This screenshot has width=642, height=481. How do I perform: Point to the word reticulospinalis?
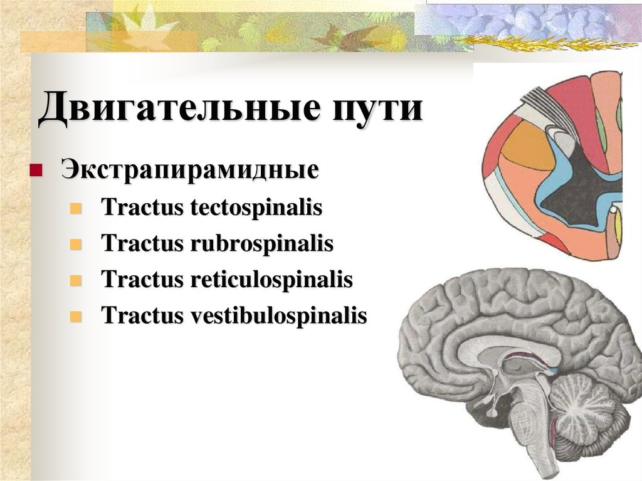[x=270, y=280]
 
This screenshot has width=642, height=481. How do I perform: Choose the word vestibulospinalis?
[x=276, y=315]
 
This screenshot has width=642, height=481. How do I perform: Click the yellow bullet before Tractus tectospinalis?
[x=76, y=208]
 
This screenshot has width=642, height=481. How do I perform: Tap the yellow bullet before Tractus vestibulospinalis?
[x=76, y=316]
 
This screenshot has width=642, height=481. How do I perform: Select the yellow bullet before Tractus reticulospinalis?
[x=76, y=280]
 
